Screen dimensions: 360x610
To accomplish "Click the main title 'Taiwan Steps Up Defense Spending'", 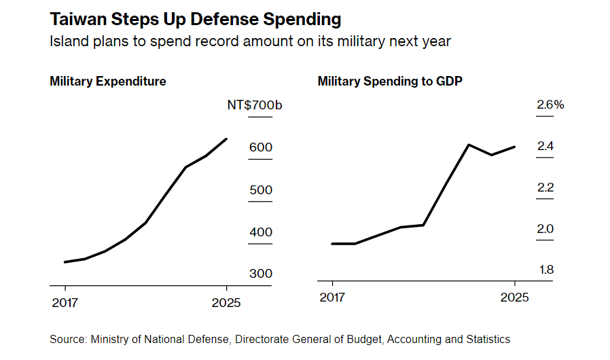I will coord(196,18).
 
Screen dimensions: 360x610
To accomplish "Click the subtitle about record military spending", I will coord(250,41).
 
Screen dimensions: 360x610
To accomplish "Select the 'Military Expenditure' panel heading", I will coord(108,82).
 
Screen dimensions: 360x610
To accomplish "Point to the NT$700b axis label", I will coord(255,105).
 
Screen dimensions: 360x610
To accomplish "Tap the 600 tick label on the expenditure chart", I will coord(261,147).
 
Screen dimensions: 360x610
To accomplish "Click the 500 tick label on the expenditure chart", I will coord(261,190).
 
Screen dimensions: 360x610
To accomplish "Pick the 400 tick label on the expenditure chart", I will coord(261,232).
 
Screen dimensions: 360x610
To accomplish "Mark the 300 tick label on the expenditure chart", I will coord(261,274).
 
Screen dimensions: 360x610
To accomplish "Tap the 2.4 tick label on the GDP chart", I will coord(545,146).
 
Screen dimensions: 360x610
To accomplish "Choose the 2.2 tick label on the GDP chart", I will coord(545,187).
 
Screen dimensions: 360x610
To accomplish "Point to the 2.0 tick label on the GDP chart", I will coord(545,229).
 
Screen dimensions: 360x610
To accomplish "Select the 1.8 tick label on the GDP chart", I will coord(545,270).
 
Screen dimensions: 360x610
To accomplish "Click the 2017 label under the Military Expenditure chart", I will coord(65,302).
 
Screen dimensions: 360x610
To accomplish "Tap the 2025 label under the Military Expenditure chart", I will coord(226,302).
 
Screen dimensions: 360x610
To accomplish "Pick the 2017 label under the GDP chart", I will coord(332,298).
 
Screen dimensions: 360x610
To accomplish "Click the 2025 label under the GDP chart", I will coord(514,298).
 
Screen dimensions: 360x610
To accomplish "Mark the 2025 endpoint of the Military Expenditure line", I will coord(226,139).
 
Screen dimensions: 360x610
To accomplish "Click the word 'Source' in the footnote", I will coord(66,339).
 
